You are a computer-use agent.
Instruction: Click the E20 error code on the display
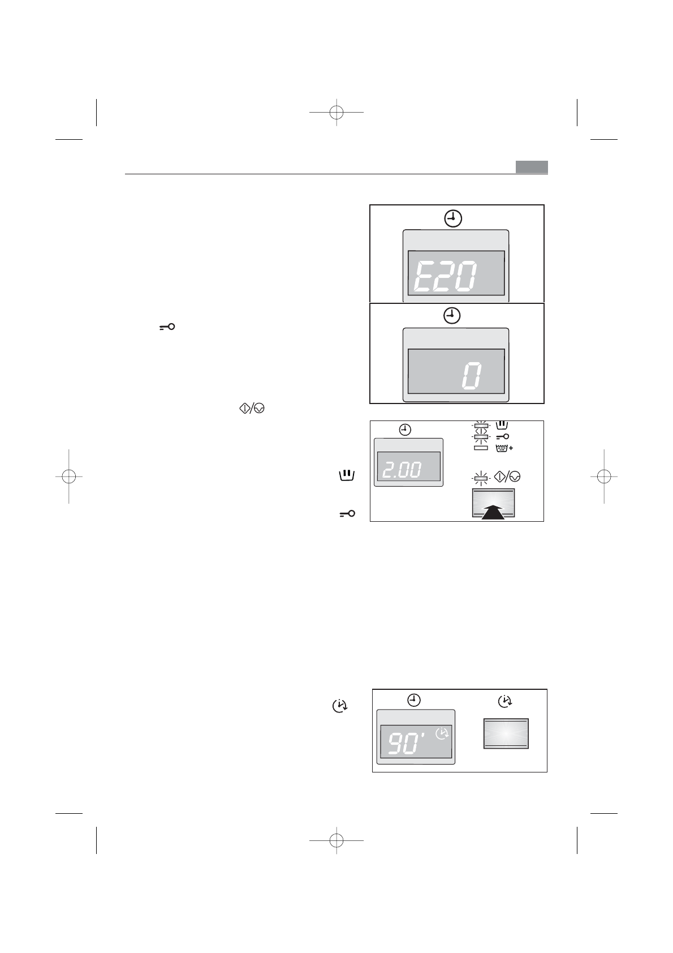click(x=445, y=277)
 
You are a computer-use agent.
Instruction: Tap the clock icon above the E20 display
click(x=453, y=218)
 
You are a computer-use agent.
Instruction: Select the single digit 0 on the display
click(x=472, y=375)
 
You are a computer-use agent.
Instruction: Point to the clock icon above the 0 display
click(x=452, y=316)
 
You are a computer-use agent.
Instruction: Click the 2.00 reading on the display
click(x=402, y=470)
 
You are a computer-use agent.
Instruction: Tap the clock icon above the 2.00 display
click(x=405, y=430)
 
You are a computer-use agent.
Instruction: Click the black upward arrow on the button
click(x=493, y=512)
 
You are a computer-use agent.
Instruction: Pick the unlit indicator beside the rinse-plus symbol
click(x=481, y=448)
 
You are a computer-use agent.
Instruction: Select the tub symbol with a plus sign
click(x=504, y=448)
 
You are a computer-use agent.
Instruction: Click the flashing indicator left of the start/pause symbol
click(x=481, y=479)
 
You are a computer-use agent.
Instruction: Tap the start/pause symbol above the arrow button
click(x=507, y=477)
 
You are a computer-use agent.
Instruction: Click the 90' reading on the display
click(x=407, y=742)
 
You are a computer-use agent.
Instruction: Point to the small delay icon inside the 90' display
click(x=442, y=733)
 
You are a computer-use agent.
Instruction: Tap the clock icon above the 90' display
click(x=414, y=700)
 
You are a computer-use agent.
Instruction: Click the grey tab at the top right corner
click(x=532, y=167)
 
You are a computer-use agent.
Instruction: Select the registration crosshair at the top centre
click(x=336, y=112)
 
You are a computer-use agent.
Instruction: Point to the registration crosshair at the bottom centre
click(x=336, y=841)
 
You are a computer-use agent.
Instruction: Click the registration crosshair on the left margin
click(x=69, y=477)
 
